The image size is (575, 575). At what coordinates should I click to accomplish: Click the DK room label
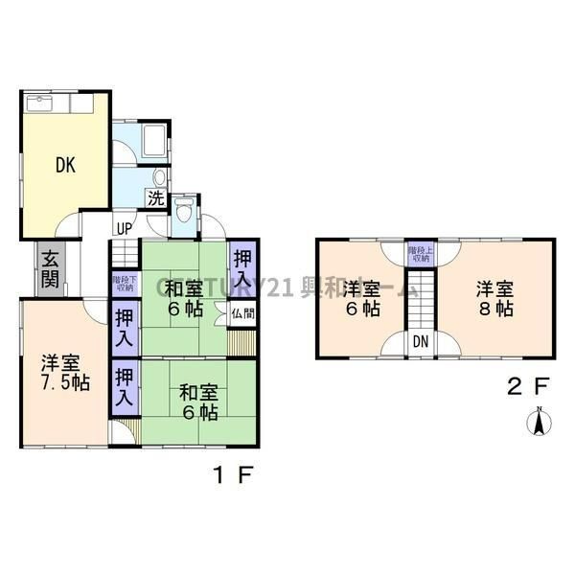tap(65, 165)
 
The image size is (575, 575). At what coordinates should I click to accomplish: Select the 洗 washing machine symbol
tap(154, 198)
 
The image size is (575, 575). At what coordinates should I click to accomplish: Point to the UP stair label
tap(124, 228)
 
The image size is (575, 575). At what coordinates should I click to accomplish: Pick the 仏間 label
tap(242, 311)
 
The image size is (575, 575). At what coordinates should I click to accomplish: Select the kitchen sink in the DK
tap(44, 102)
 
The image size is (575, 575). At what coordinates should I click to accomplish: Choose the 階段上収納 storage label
tap(420, 253)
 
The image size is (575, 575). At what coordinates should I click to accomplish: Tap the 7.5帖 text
tap(66, 383)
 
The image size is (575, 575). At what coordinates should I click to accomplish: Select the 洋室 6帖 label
tap(361, 298)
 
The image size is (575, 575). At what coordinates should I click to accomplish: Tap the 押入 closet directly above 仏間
tap(243, 267)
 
